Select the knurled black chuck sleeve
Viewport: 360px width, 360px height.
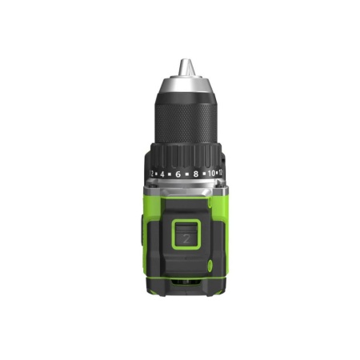click(184, 120)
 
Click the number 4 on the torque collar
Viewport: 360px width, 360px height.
click(162, 172)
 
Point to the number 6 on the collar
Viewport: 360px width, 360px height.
click(178, 173)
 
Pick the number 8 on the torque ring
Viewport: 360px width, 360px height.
click(195, 173)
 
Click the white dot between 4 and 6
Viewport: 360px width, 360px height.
click(170, 173)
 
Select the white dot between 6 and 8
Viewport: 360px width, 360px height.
click(186, 174)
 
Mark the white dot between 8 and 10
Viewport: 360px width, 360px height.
click(204, 173)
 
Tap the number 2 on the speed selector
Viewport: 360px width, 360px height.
click(186, 237)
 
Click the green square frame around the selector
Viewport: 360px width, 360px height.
click(186, 223)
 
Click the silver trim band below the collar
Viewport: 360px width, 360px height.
click(185, 190)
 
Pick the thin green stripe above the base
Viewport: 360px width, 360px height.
click(185, 277)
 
